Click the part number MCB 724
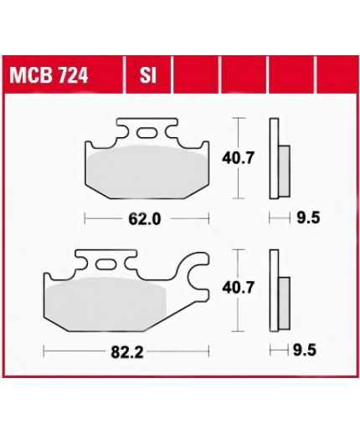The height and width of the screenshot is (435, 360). pyautogui.click(x=49, y=75)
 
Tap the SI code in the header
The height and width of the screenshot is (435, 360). pyautogui.click(x=147, y=75)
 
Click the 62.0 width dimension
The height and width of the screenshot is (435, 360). pyautogui.click(x=145, y=219)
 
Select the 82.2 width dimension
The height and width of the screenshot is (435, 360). pyautogui.click(x=127, y=352)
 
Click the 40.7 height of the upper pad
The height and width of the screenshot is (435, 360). pyautogui.click(x=238, y=158)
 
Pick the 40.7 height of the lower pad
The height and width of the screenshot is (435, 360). pyautogui.click(x=238, y=288)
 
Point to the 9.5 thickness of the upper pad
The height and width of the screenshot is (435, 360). pyautogui.click(x=308, y=217)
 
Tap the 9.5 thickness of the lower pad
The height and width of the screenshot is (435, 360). pyautogui.click(x=305, y=350)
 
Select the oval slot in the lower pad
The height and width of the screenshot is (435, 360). pyautogui.click(x=105, y=264)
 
